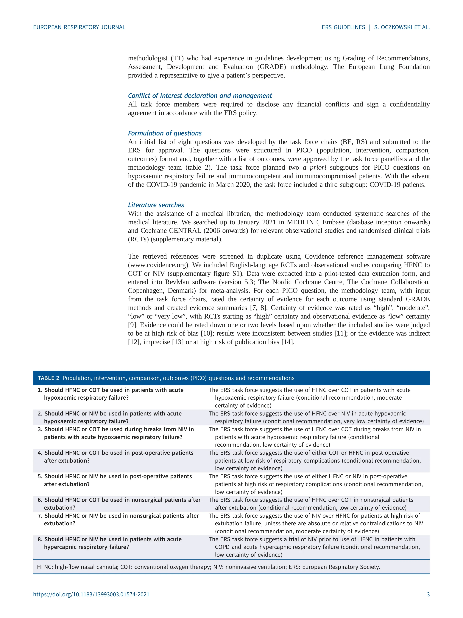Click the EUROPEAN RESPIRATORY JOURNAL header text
79,27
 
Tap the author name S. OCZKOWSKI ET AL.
402,27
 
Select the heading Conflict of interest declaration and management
200,95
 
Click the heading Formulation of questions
165,133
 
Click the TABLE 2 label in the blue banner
48,378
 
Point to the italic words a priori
314,167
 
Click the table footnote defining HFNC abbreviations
208,567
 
